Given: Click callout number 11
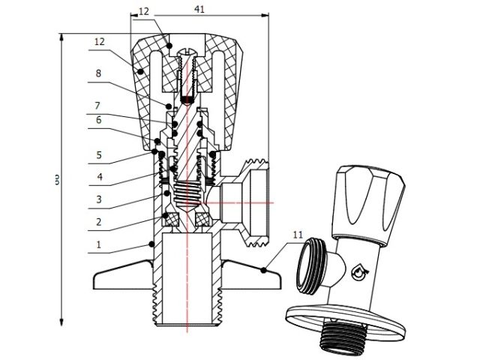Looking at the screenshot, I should pos(298,235).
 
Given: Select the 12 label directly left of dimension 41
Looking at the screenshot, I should pos(144,12).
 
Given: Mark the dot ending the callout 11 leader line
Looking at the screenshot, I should pos(264,269).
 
